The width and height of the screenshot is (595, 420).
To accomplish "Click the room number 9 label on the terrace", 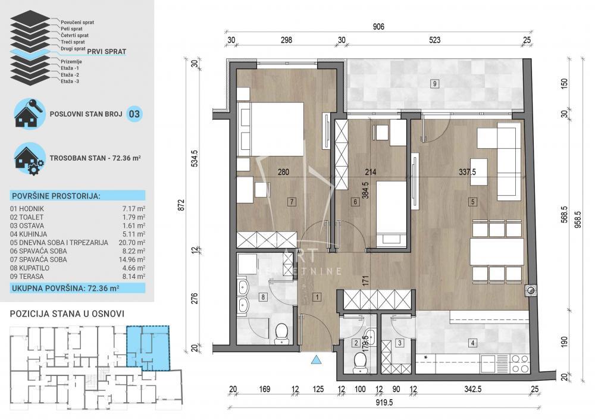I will pyautogui.click(x=436, y=83).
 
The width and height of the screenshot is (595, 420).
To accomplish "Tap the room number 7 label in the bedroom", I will pyautogui.click(x=291, y=202).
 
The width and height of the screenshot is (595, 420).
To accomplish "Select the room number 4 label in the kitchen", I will pyautogui.click(x=472, y=343).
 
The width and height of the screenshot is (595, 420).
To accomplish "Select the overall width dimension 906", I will pyautogui.click(x=378, y=27).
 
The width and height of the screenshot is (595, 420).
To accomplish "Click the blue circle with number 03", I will pyautogui.click(x=134, y=114).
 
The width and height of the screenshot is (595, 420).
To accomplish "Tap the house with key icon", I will pyautogui.click(x=30, y=113).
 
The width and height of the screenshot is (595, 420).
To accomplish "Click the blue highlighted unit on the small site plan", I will pyautogui.click(x=149, y=347).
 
